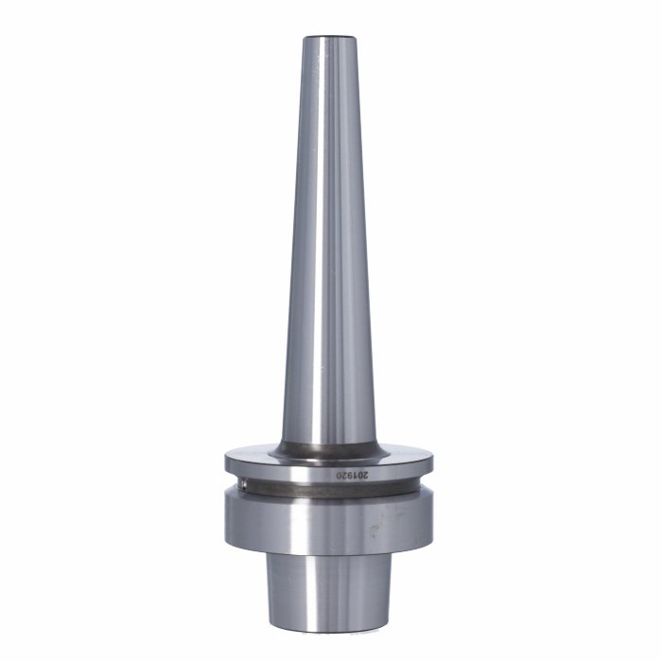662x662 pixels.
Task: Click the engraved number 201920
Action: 352,475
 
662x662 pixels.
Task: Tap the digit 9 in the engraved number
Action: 349,475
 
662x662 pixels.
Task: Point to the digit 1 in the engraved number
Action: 355,475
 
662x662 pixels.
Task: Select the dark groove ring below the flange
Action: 329,490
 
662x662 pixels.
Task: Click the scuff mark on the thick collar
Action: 374,530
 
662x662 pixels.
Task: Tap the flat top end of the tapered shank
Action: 330,38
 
